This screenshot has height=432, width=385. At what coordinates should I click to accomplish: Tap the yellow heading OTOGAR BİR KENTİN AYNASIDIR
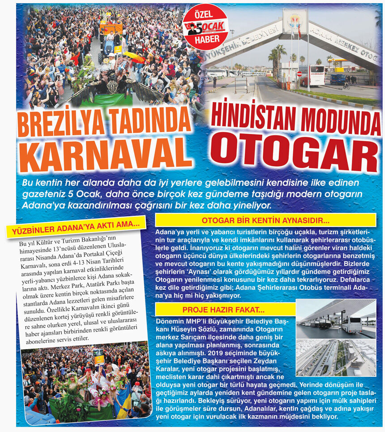pos(265,220)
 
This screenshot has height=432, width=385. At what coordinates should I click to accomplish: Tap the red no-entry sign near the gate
pos(299,73)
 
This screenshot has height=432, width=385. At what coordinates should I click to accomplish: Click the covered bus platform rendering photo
pos(336,319)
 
